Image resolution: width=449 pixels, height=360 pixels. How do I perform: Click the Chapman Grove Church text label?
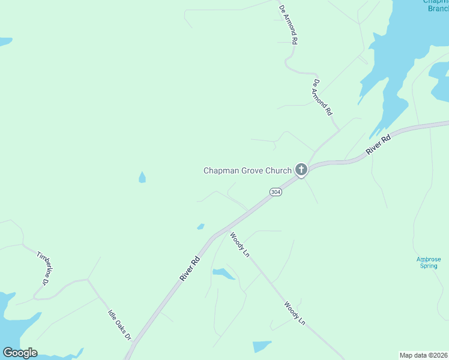(247, 170)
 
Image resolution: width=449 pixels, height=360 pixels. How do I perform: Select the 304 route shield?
(275, 192)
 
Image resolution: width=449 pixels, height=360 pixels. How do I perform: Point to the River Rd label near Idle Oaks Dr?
(189, 269)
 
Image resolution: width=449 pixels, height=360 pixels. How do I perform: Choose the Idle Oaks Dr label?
(119, 324)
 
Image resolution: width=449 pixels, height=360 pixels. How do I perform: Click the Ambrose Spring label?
(429, 262)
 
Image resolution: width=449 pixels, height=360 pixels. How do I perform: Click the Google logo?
(20, 353)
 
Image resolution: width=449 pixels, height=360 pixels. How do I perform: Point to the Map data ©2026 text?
(423, 355)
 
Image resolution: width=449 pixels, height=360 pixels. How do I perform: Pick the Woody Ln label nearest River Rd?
(240, 244)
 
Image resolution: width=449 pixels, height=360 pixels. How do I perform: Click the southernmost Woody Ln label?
(295, 313)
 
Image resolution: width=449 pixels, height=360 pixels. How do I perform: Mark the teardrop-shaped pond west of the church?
(142, 178)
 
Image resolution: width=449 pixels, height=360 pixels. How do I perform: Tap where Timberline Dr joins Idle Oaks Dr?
(89, 279)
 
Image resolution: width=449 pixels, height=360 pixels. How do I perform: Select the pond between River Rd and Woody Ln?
(223, 274)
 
